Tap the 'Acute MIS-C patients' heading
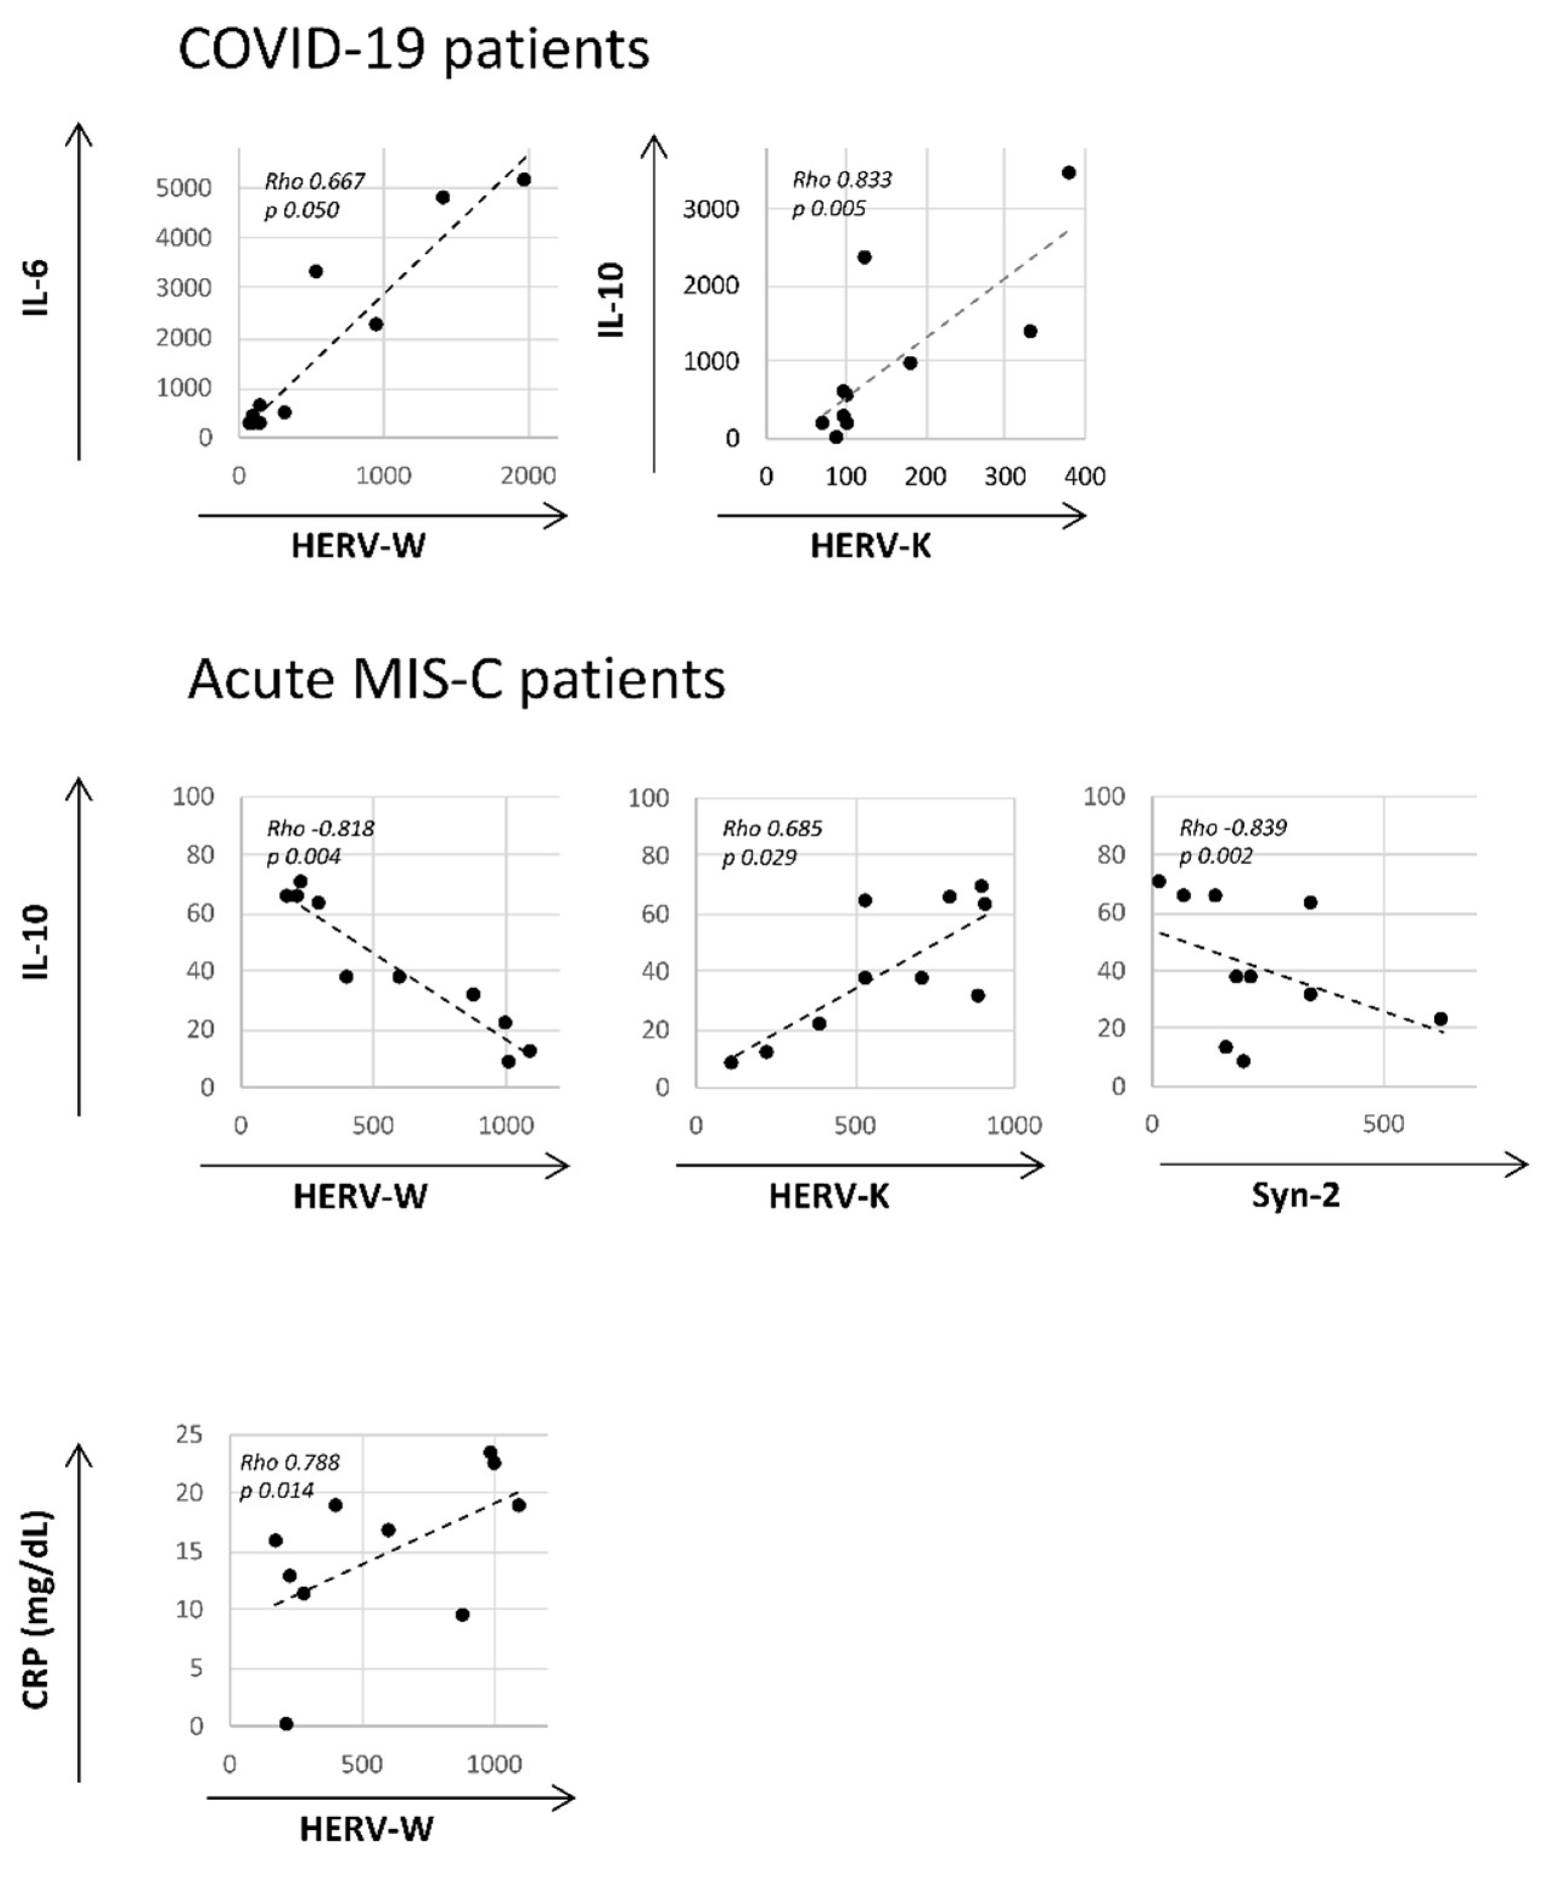(456, 680)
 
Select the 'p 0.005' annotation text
(828, 208)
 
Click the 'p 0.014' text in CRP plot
(277, 1490)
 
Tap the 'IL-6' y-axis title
(37, 289)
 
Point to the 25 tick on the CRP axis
(189, 1434)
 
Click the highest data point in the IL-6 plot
(524, 180)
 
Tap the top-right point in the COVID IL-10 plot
(1069, 173)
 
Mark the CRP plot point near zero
(287, 1724)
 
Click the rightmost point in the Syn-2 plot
(1441, 1019)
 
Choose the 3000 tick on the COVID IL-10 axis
(710, 209)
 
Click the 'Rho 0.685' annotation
(772, 829)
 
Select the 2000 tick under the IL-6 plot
(528, 476)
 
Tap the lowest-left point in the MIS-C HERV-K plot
(730, 1062)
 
